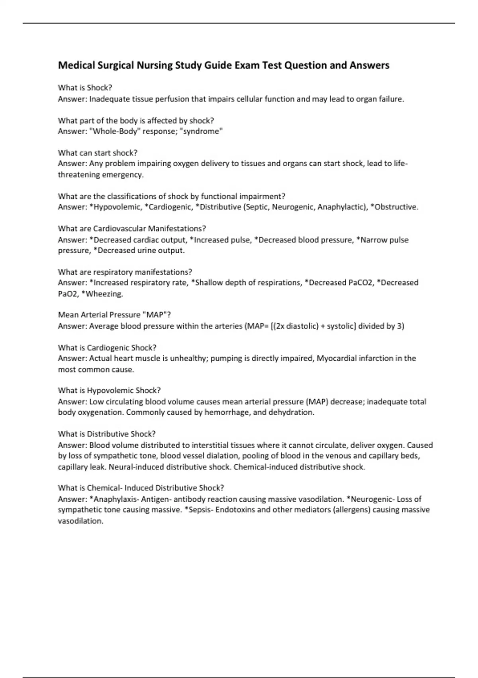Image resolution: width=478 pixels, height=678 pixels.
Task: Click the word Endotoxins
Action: pos(235,510)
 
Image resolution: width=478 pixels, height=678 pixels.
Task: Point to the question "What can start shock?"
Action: pos(98,153)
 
